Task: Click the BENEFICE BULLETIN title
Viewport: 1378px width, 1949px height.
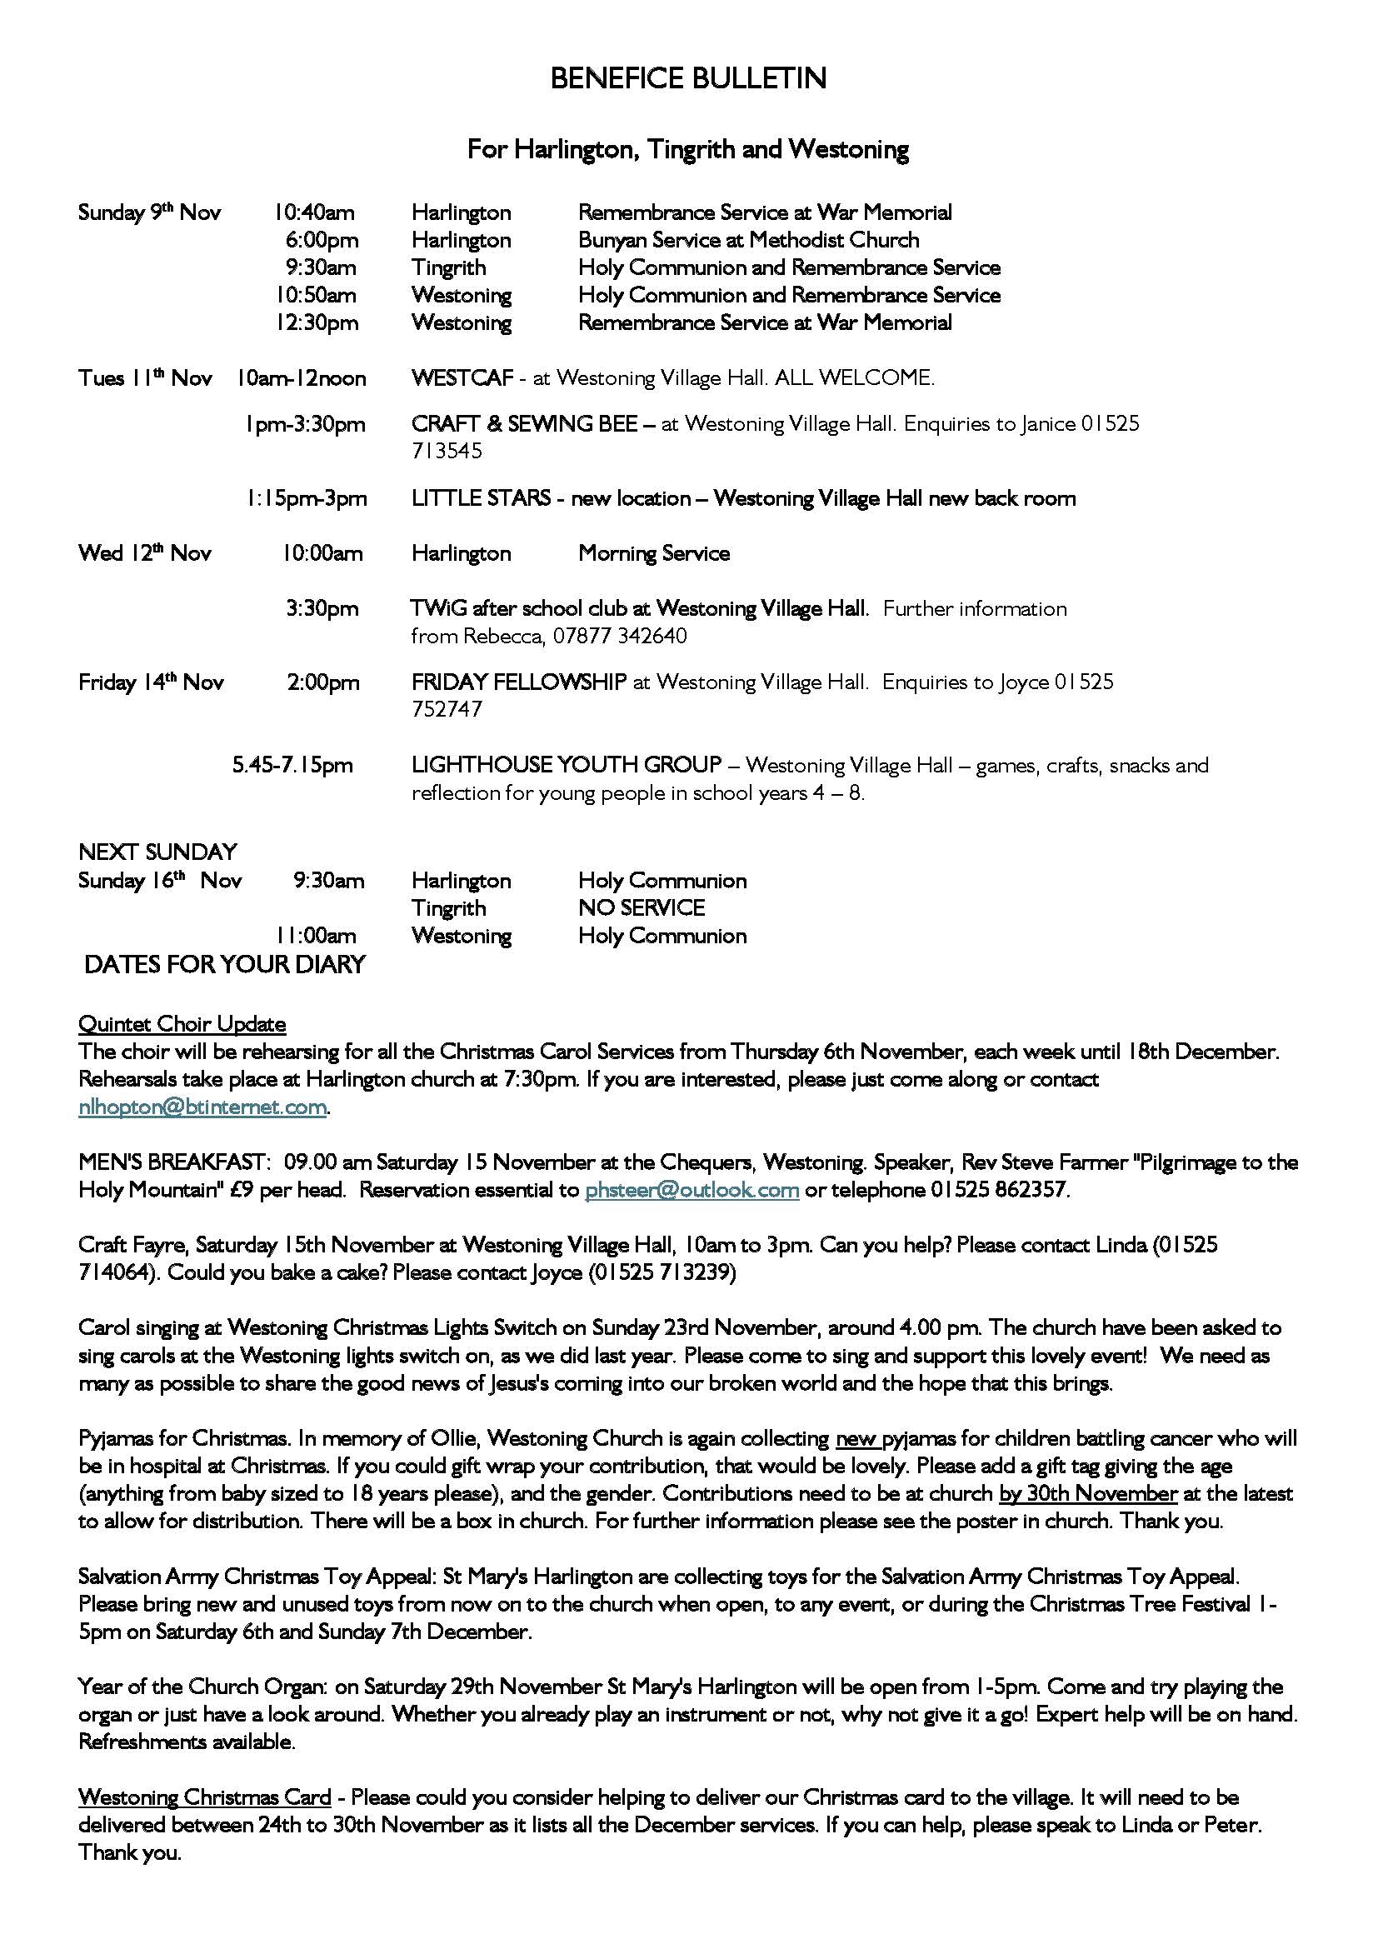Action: click(x=688, y=79)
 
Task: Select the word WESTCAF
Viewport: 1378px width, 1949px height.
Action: click(x=462, y=377)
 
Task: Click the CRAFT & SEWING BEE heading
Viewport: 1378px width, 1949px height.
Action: click(x=524, y=423)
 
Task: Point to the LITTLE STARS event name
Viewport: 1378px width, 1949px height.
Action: click(x=480, y=498)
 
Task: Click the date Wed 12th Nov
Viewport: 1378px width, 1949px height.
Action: click(x=144, y=553)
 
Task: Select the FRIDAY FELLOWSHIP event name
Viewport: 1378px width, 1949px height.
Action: click(x=518, y=682)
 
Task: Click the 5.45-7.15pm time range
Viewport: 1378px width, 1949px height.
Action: click(x=292, y=765)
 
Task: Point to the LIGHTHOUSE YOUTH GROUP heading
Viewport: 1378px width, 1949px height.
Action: click(x=566, y=765)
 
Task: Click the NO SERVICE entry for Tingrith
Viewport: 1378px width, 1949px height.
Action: click(x=642, y=908)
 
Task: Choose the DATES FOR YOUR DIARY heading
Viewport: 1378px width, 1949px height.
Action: click(x=225, y=964)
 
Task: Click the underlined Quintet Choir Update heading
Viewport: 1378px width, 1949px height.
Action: click(x=182, y=1024)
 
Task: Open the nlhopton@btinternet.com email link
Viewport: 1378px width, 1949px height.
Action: click(x=202, y=1107)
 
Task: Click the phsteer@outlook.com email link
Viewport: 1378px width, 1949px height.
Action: click(x=691, y=1189)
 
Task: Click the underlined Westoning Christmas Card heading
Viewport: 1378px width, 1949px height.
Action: click(x=204, y=1797)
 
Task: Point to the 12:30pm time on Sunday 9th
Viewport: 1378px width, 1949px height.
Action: click(x=316, y=322)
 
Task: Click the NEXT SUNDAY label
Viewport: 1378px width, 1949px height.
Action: click(x=157, y=852)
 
